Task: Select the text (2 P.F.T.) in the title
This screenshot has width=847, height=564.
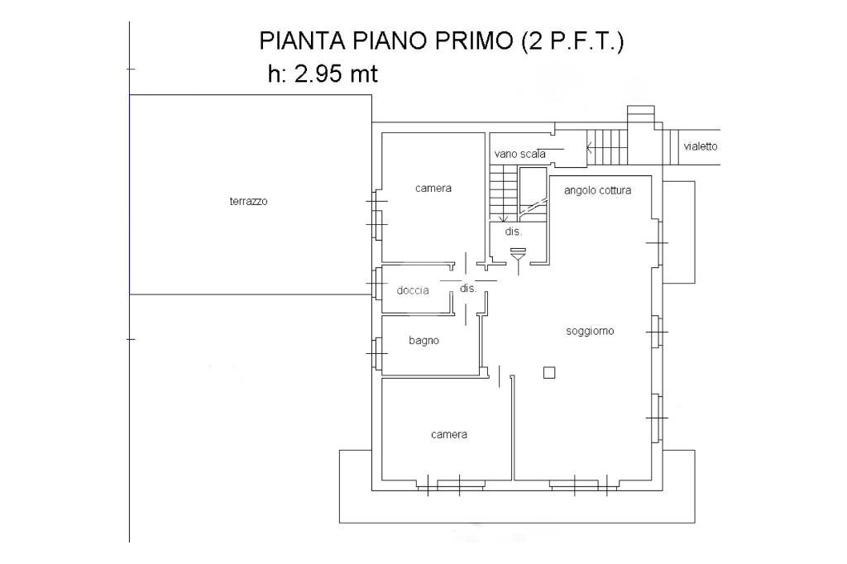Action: [572, 41]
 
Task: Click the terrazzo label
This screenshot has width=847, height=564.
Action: [248, 201]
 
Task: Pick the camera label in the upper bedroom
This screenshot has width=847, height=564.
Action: [433, 189]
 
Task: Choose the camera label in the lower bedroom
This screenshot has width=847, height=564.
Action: [449, 434]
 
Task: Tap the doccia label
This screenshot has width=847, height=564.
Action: [412, 290]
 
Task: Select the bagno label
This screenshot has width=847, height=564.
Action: [423, 340]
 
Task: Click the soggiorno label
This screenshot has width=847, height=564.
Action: [590, 331]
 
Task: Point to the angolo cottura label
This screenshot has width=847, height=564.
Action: [597, 190]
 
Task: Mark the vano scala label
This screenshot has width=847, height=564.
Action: [519, 154]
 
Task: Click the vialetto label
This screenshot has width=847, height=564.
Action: [700, 146]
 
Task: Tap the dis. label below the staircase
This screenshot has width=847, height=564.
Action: [513, 232]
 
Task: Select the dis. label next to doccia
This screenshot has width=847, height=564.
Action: [468, 289]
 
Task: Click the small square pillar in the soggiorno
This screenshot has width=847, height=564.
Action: [549, 373]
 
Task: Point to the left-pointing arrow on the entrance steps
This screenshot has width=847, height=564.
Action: [590, 149]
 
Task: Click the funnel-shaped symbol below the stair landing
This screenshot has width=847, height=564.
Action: [519, 260]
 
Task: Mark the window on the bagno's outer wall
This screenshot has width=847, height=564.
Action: [376, 352]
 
